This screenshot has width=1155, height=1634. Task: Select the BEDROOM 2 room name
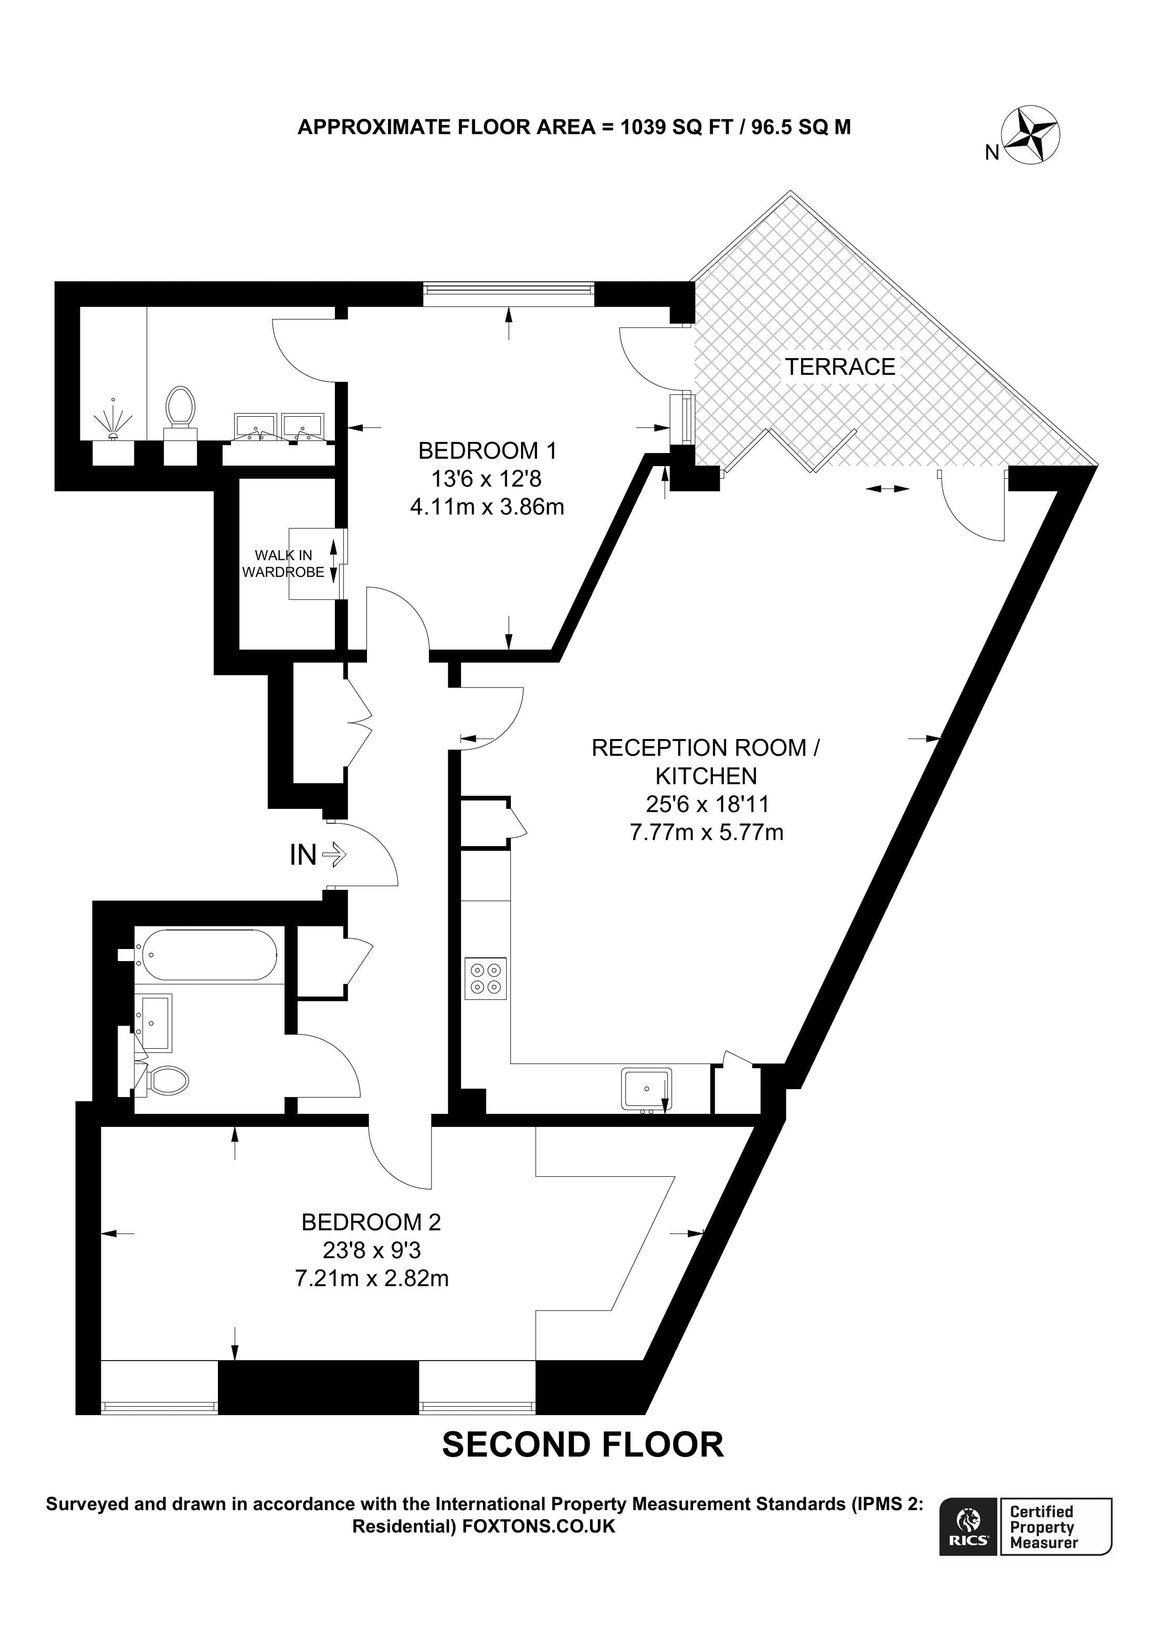(x=372, y=1222)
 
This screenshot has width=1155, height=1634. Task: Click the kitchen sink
(x=646, y=1089)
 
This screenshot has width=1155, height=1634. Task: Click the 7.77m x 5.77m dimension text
(x=707, y=832)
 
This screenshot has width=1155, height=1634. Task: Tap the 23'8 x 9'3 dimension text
(x=372, y=1250)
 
